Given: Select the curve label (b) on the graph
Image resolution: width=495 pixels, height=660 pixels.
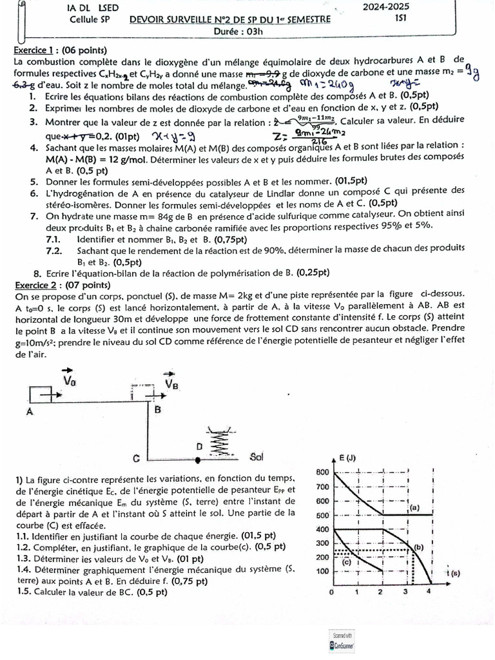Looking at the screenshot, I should [418, 547].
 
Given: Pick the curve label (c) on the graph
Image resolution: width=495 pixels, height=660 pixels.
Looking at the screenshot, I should [346, 561].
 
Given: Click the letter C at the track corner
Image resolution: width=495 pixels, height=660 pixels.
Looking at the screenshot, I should [137, 459].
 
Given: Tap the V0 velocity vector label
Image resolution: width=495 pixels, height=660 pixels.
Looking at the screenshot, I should [70, 380].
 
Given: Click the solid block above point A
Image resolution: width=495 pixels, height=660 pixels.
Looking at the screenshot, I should [43, 394].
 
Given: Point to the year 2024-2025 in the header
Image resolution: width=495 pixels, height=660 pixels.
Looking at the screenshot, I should [385, 7].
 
